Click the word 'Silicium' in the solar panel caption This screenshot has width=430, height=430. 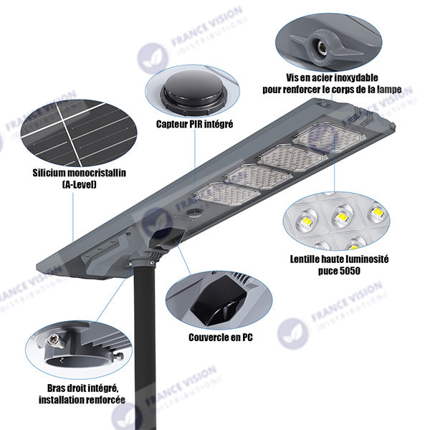(x=49, y=173)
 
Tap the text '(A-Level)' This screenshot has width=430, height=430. (x=80, y=184)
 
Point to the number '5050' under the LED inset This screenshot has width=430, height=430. (x=350, y=271)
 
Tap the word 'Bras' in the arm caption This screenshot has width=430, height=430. (x=56, y=388)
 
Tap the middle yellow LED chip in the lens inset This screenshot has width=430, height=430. (x=342, y=217)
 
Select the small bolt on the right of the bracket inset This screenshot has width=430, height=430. (x=118, y=357)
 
